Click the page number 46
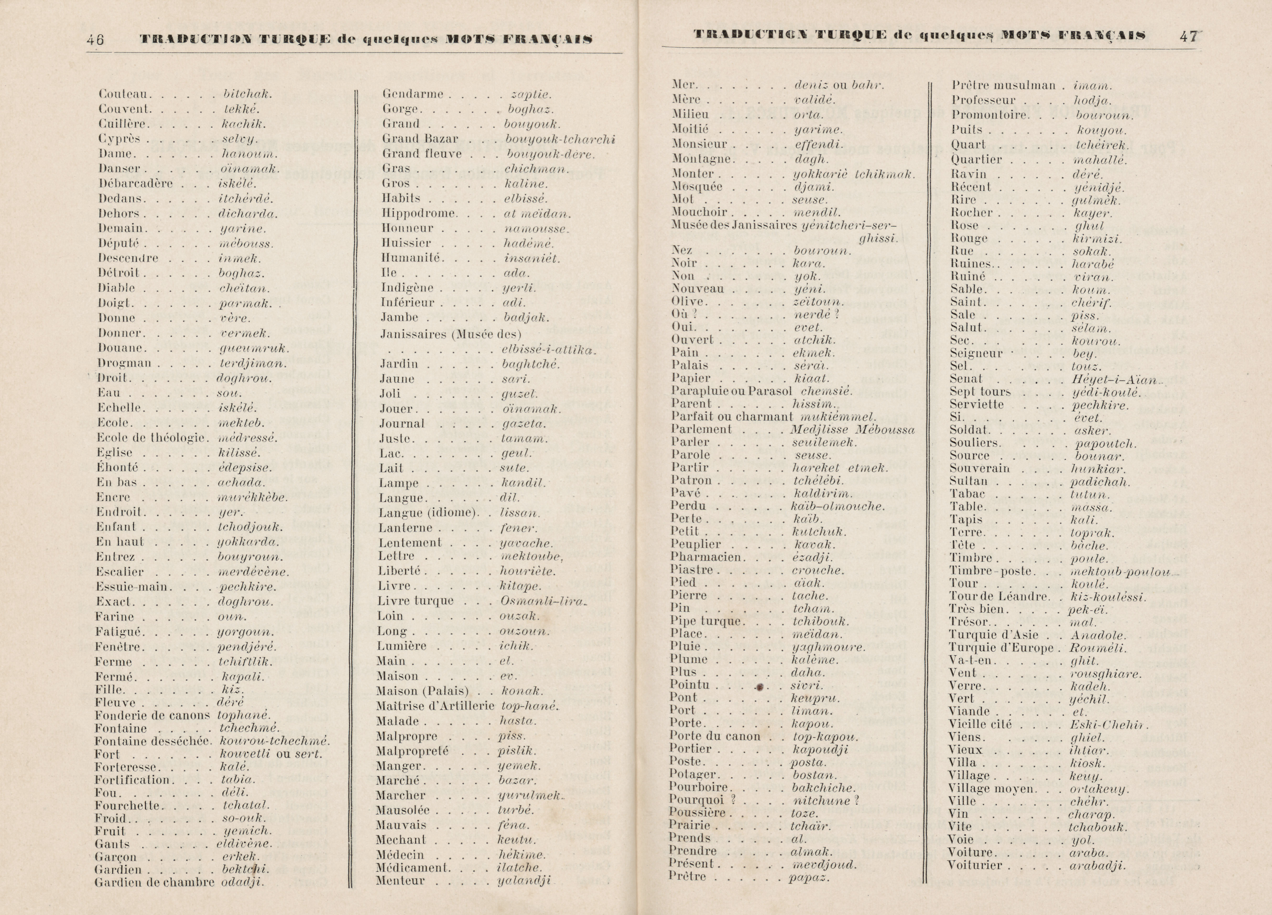tap(95, 39)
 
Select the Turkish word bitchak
tap(247, 94)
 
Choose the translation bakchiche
tap(823, 788)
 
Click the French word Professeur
tap(983, 100)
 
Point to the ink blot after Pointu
tap(759, 686)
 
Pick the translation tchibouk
tap(821, 622)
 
